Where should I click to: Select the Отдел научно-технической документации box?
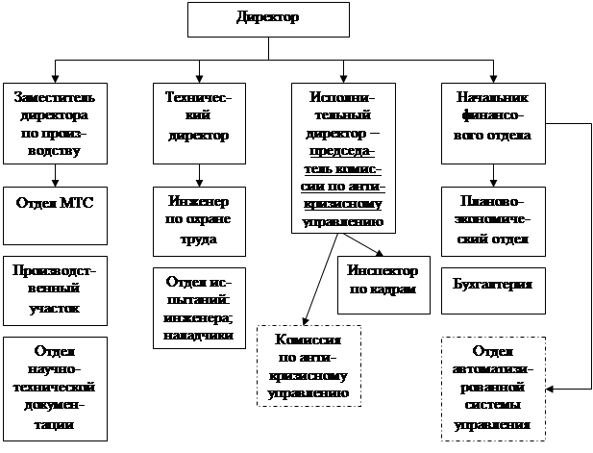[x=55, y=388]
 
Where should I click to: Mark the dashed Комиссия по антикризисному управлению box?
[x=309, y=366]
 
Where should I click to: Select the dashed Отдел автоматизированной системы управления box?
[x=492, y=388]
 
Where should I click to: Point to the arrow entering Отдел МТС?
[x=55, y=175]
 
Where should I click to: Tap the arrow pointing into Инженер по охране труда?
[x=198, y=176]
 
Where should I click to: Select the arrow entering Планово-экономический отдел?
[x=492, y=176]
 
